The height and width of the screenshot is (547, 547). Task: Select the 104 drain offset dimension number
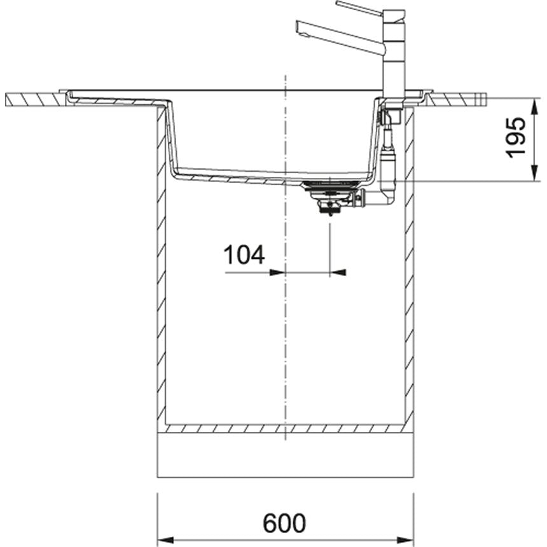(x=244, y=255)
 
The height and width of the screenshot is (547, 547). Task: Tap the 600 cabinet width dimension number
(x=284, y=523)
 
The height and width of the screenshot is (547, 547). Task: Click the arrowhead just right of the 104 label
(x=277, y=272)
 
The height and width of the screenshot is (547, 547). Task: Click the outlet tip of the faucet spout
(x=300, y=26)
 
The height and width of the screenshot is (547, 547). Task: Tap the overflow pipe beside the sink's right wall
(x=388, y=159)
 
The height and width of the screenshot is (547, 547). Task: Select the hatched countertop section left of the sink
(x=35, y=99)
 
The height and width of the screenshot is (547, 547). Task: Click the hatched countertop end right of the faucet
(x=455, y=98)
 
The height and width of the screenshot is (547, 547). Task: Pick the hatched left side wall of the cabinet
(x=162, y=267)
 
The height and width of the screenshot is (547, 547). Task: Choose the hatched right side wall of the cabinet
(x=409, y=267)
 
